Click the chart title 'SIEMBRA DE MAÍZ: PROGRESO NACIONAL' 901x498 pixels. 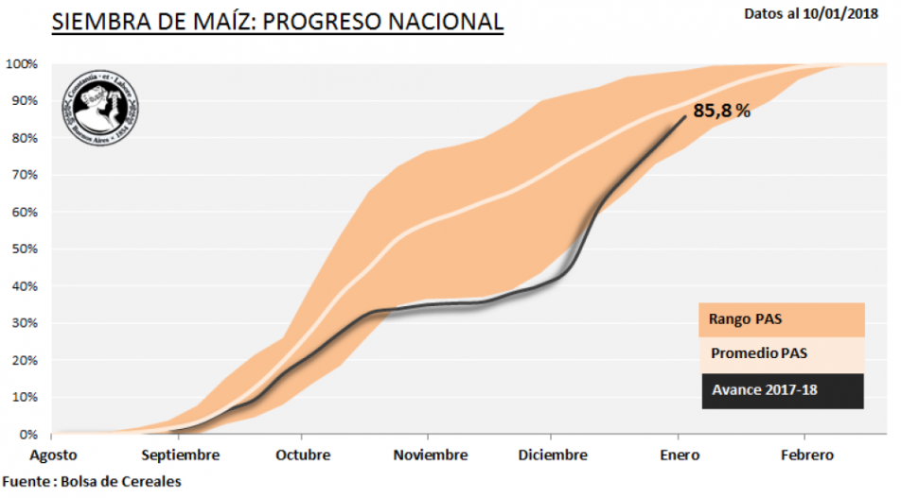(x=276, y=23)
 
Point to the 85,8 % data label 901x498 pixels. (x=722, y=111)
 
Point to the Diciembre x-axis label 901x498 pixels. (x=554, y=455)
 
